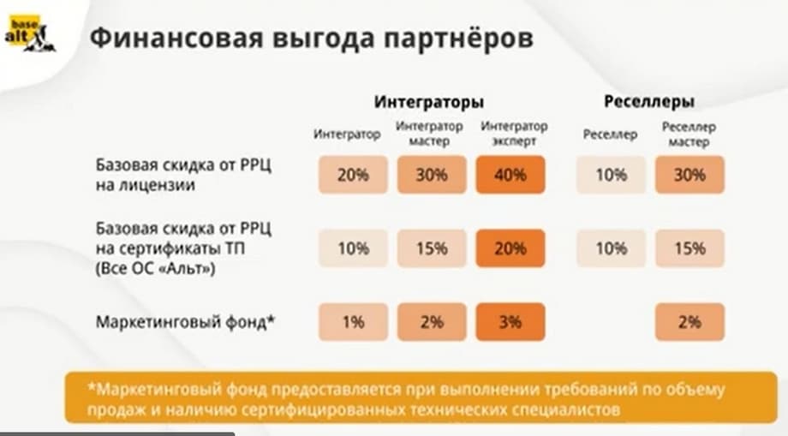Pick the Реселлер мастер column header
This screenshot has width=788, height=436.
(689, 134)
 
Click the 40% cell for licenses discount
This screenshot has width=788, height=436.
(510, 175)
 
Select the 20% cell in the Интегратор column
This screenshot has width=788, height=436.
(353, 175)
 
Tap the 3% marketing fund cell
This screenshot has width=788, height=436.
(510, 322)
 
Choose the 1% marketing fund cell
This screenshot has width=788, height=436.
(353, 322)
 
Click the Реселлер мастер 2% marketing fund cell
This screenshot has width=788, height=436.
(689, 322)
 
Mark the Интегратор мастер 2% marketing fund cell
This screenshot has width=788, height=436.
(432, 322)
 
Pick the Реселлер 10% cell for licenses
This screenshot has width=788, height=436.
(611, 175)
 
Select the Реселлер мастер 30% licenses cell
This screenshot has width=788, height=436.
(689, 175)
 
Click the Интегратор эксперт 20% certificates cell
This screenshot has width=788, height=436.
(510, 248)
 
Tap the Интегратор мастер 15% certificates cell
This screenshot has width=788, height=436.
(432, 248)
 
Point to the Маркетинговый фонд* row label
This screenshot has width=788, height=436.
(184, 322)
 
